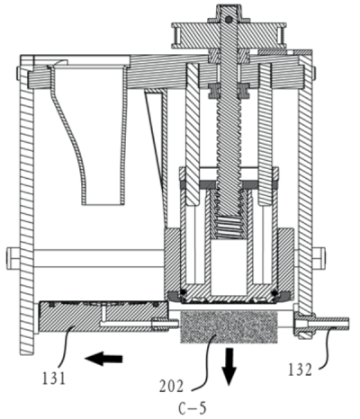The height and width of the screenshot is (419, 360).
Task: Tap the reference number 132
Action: coord(301,370)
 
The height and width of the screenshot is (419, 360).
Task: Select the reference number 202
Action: coord(171,387)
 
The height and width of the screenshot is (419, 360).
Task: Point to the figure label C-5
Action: coord(193,408)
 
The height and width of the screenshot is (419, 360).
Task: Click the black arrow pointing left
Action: coord(103,359)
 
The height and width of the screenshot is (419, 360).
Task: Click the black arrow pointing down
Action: coord(229,366)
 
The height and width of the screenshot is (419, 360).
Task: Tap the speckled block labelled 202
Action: coord(229,327)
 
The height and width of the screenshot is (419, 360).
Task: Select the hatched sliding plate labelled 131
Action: coord(103,316)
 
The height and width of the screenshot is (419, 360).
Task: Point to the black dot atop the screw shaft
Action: coord(229,20)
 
